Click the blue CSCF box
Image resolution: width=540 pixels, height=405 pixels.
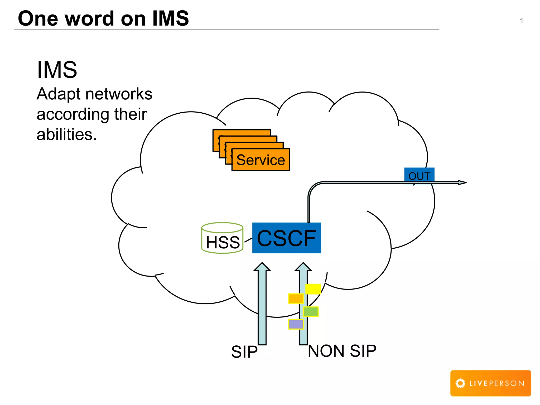coord(286,238)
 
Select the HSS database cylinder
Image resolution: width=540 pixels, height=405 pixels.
coord(222,238)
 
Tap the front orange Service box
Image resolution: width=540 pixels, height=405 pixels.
coord(261,160)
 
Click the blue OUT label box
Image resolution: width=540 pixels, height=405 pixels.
coord(419,175)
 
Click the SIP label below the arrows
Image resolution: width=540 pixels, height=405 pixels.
coord(244,352)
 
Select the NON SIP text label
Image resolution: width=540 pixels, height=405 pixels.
coord(342,351)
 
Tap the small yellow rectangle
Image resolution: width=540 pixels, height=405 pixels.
coord(313,289)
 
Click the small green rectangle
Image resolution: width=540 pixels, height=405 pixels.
coord(311,312)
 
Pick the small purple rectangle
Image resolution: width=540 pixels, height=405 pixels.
coord(296,324)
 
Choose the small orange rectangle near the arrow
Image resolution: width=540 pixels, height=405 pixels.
coord(296,298)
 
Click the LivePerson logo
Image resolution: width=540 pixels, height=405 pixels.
coord(490,383)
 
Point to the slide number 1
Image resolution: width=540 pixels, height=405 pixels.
coord(521,21)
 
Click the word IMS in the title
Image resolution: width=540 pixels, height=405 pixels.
coord(171,18)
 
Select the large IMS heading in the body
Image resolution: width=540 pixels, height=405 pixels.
coord(57,70)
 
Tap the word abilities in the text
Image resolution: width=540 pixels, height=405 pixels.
coord(66,134)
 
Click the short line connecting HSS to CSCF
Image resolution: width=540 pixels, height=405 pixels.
coord(248,240)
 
